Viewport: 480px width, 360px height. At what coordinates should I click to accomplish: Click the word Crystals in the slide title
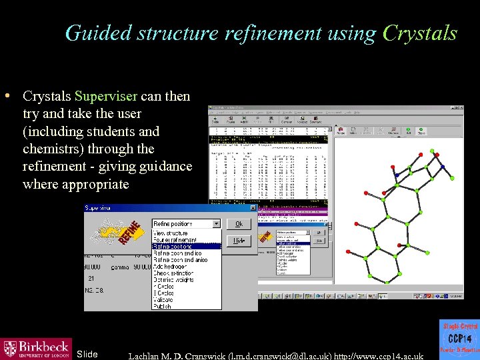420,33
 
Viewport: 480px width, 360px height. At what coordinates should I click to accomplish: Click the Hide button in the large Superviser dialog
239,241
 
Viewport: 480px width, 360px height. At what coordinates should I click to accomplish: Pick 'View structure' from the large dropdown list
172,233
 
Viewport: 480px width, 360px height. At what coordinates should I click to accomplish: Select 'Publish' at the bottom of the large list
163,306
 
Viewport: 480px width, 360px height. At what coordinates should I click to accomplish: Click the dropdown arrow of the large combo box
216,224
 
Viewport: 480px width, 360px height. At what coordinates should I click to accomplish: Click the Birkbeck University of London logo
36,349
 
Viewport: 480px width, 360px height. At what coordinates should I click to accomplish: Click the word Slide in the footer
87,354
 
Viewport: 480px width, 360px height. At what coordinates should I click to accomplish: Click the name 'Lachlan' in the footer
148,355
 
